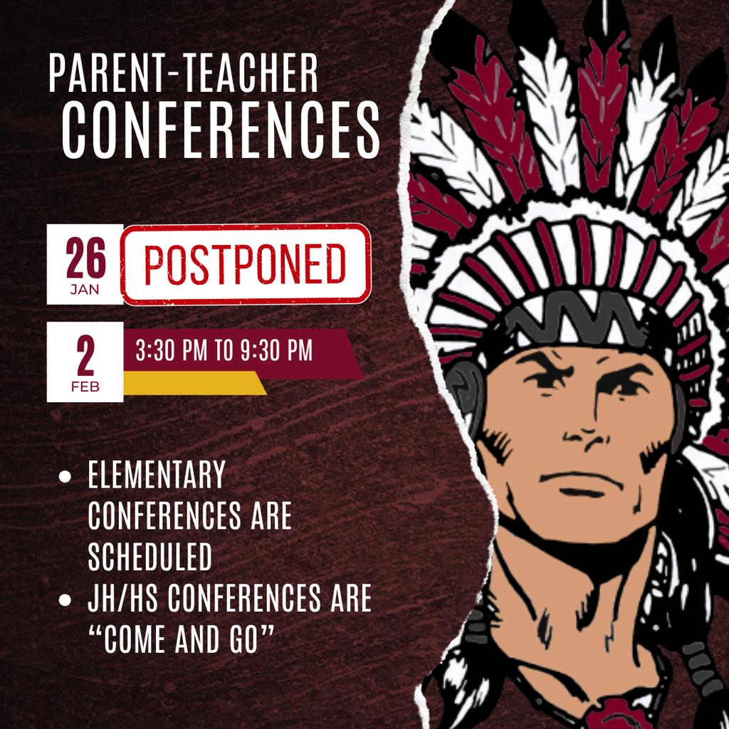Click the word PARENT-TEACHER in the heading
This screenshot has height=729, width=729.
183,73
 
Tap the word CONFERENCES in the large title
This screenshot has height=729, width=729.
221,130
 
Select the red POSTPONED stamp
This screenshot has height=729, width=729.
246,264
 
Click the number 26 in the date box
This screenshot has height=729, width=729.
85,258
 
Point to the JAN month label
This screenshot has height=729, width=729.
85,290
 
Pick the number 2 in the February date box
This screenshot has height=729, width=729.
85,358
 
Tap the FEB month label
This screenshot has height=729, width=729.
85,387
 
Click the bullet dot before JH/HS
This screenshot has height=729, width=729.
65,599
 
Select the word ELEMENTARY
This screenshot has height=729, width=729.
157,476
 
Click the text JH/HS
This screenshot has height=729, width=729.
122,599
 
